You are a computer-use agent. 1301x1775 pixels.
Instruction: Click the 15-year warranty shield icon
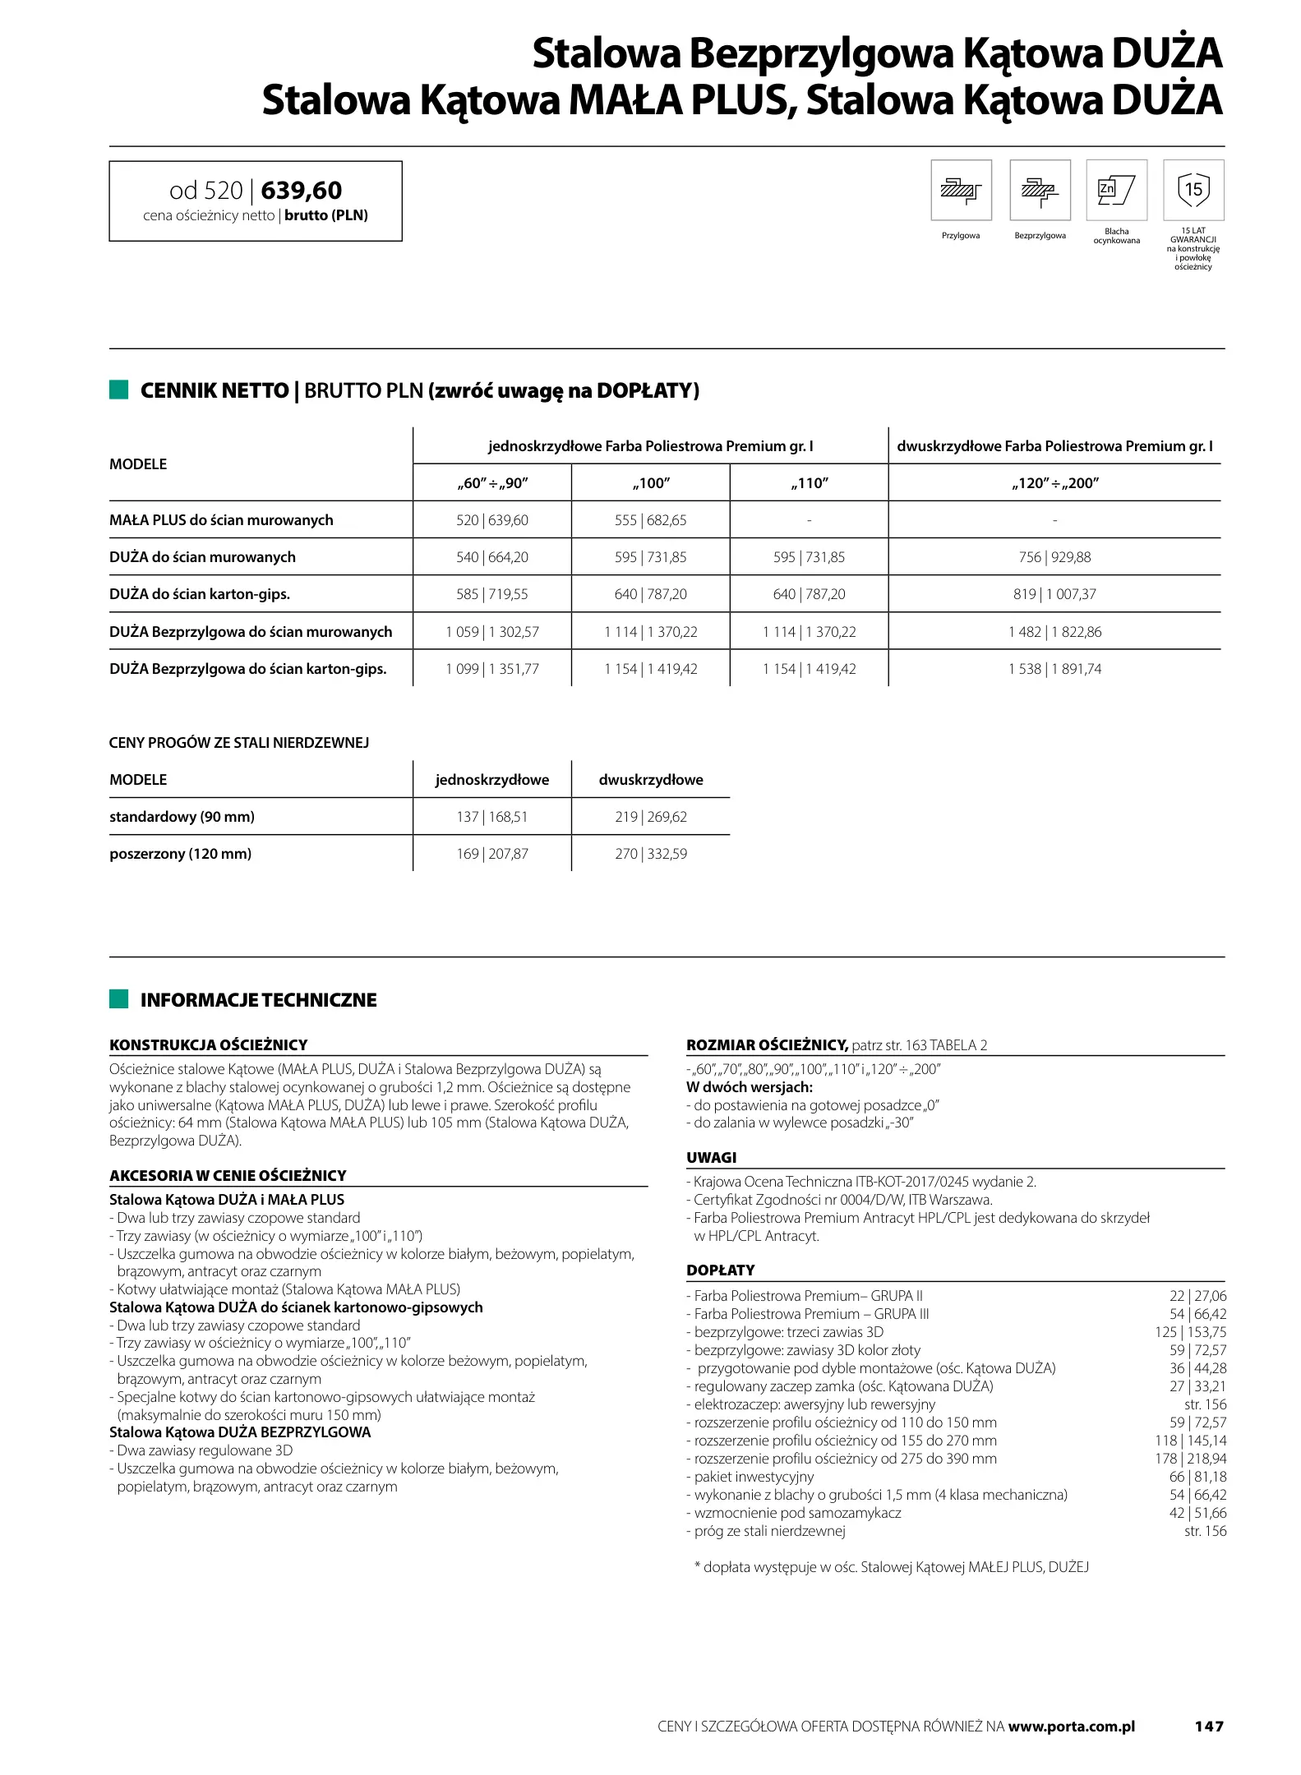(x=1193, y=190)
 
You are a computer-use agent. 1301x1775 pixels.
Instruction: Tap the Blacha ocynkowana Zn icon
(x=1116, y=190)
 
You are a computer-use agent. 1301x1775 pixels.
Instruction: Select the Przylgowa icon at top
(x=961, y=190)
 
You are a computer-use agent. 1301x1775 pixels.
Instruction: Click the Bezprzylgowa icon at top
(x=1040, y=190)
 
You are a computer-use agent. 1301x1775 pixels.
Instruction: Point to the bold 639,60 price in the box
(x=301, y=191)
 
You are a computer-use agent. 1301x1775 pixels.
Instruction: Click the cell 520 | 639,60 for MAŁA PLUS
(x=491, y=520)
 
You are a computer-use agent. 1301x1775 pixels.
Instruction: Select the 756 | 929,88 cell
(x=1054, y=557)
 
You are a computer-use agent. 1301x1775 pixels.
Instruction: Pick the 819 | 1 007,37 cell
(x=1054, y=594)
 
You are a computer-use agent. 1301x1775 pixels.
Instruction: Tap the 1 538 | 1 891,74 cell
(x=1054, y=669)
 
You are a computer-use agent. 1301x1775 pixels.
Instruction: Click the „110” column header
(x=809, y=483)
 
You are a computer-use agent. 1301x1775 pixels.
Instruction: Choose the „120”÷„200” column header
(x=1054, y=483)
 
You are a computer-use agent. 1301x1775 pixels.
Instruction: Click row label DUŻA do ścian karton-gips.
(x=200, y=594)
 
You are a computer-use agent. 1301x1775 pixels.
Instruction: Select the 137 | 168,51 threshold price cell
(x=491, y=817)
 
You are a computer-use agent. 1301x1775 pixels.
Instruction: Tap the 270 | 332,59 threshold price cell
(x=651, y=854)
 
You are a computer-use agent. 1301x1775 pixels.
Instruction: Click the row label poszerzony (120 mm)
(x=181, y=854)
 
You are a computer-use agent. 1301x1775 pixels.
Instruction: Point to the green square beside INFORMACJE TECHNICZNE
(x=119, y=999)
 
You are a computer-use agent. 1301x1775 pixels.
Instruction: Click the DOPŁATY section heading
(x=720, y=1270)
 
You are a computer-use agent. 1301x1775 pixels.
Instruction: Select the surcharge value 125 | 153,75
(x=1190, y=1332)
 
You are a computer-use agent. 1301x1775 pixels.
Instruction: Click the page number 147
(x=1208, y=1727)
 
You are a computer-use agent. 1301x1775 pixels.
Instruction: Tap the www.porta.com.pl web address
(x=1071, y=1727)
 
